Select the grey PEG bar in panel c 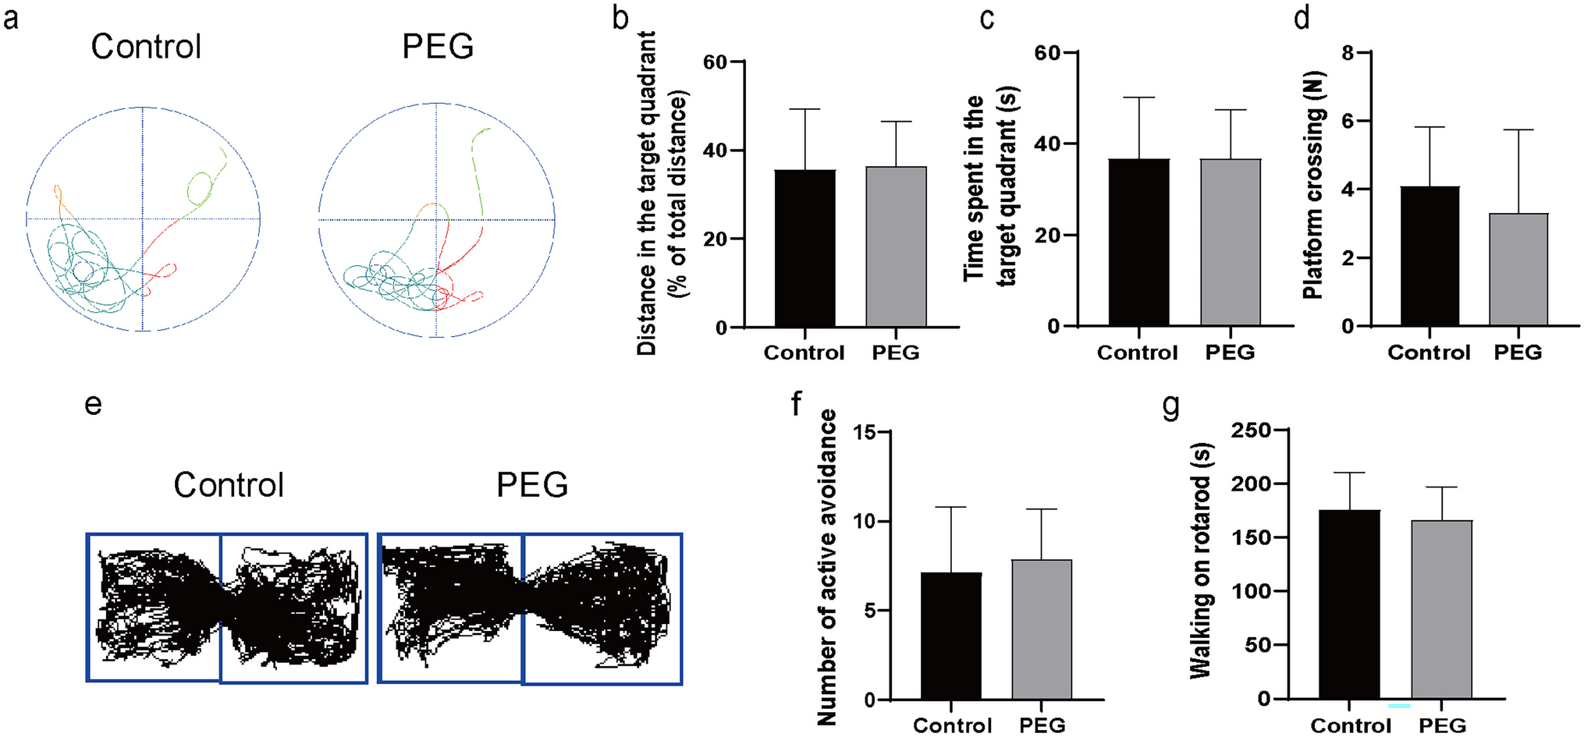tap(1231, 242)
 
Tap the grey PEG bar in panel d tap(1518, 269)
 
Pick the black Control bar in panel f tap(951, 636)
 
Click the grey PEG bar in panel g tap(1441, 609)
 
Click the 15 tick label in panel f tap(864, 433)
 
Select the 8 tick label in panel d tap(1348, 53)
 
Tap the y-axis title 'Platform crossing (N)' tap(1313, 203)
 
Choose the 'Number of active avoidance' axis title tap(827, 567)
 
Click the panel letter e tap(93, 404)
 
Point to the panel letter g tap(1171, 406)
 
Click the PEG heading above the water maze tap(438, 47)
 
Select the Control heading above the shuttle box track tap(229, 485)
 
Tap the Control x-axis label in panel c tap(1137, 353)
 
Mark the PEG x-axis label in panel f tap(1042, 725)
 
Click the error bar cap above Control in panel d tap(1430, 127)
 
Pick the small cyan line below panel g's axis tap(1399, 706)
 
